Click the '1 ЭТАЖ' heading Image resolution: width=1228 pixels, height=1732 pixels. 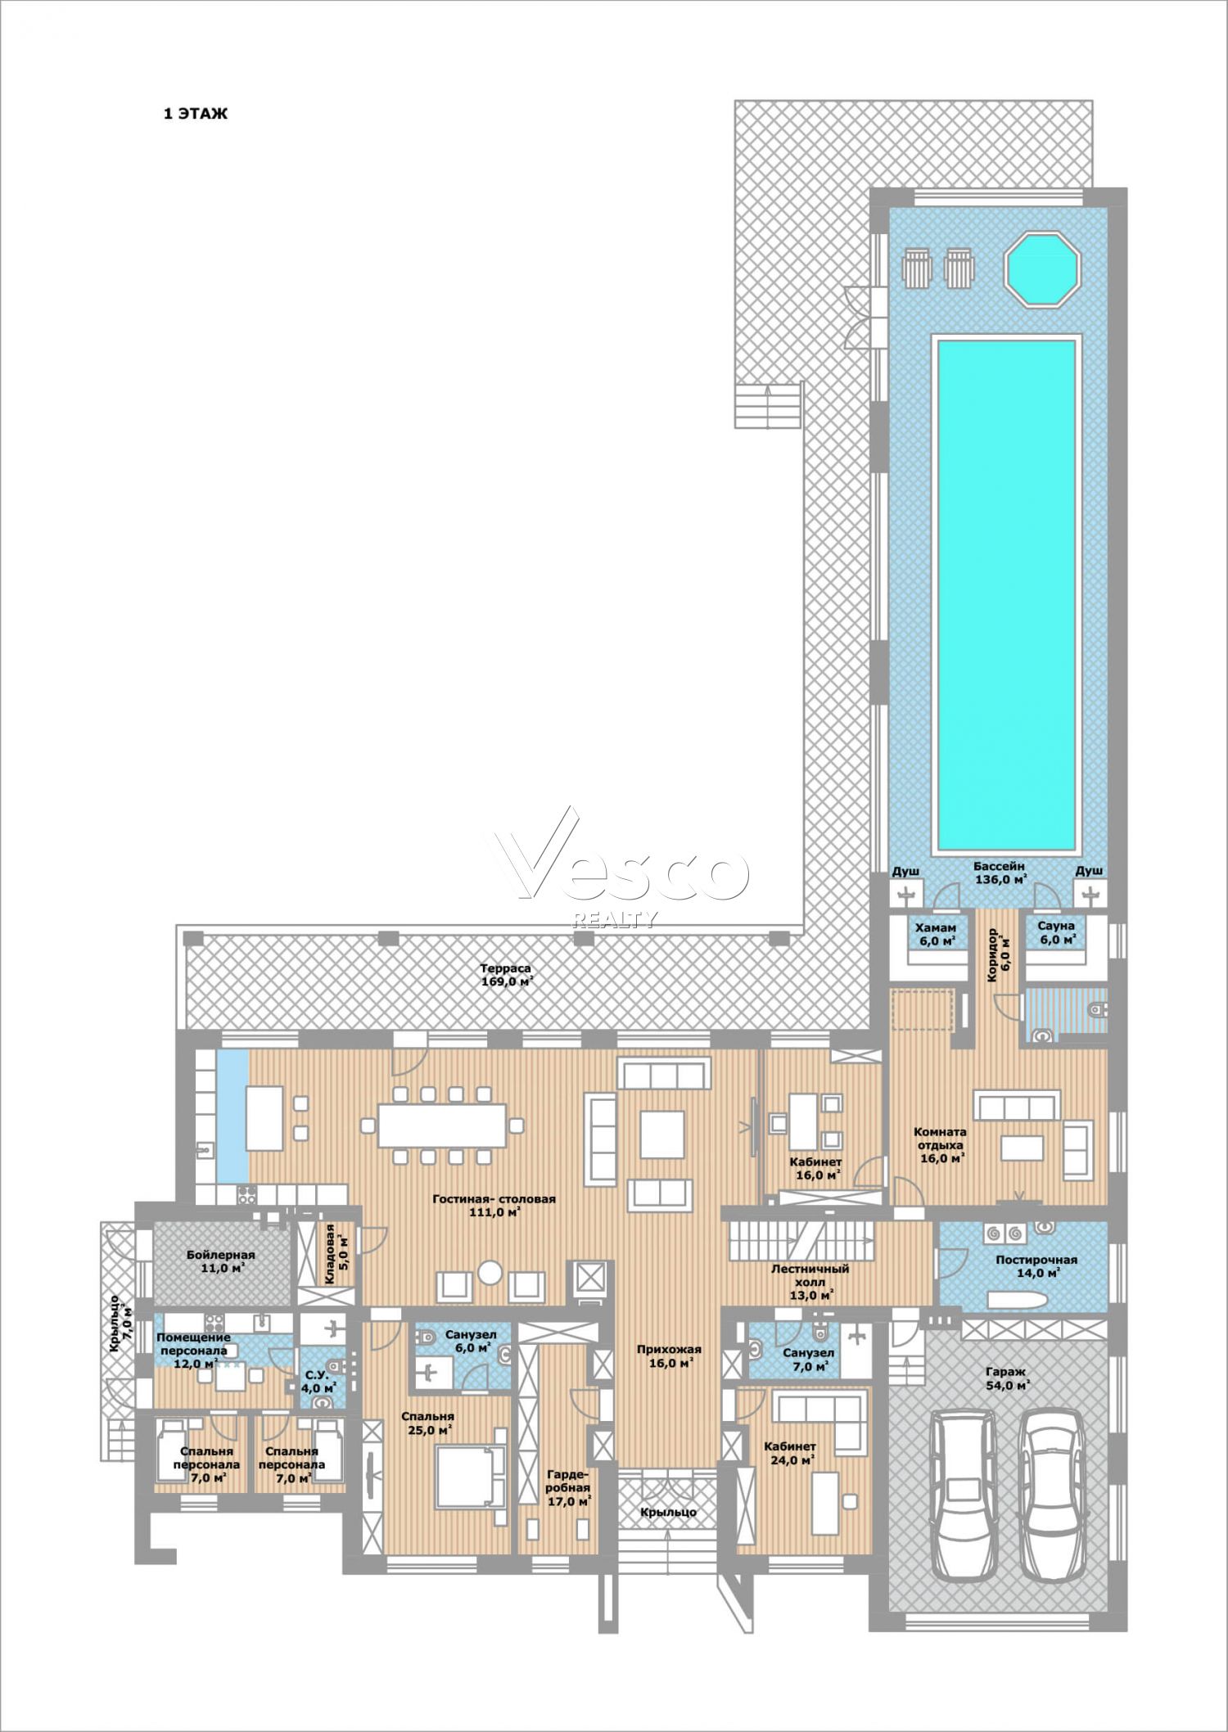click(x=196, y=115)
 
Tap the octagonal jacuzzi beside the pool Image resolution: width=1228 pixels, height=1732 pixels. click(x=1043, y=269)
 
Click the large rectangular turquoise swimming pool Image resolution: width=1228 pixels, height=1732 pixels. click(x=1006, y=595)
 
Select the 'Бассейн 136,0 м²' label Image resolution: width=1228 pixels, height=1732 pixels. click(x=1000, y=873)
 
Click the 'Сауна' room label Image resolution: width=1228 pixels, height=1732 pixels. click(x=1056, y=926)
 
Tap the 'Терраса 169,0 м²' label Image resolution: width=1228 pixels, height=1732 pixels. click(x=506, y=975)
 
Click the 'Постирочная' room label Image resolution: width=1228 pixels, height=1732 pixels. click(x=1036, y=1260)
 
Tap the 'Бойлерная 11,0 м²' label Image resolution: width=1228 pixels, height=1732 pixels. click(x=220, y=1261)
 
